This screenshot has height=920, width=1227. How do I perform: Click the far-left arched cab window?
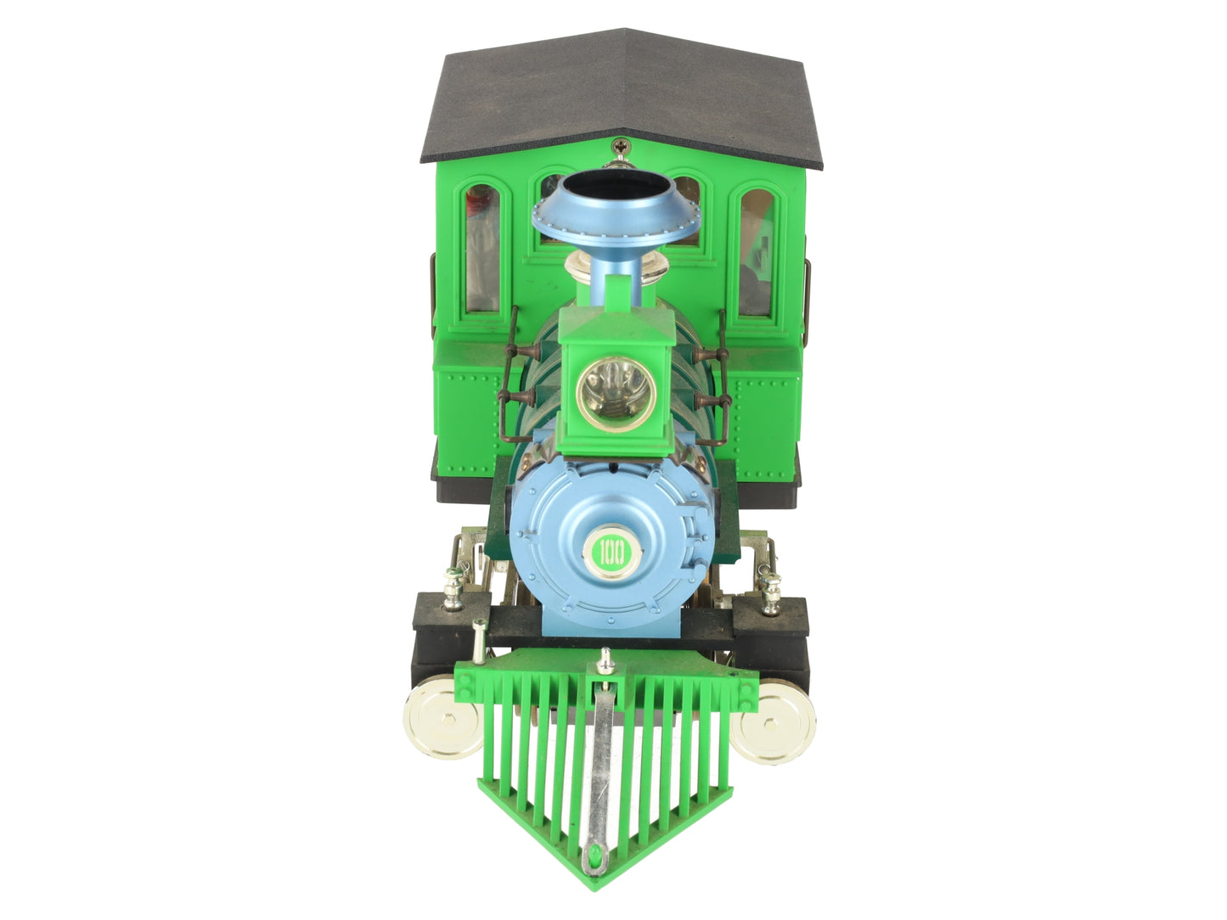coord(483,249)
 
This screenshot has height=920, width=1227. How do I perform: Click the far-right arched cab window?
coord(757,251)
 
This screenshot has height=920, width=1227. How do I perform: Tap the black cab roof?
coord(621,98)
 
